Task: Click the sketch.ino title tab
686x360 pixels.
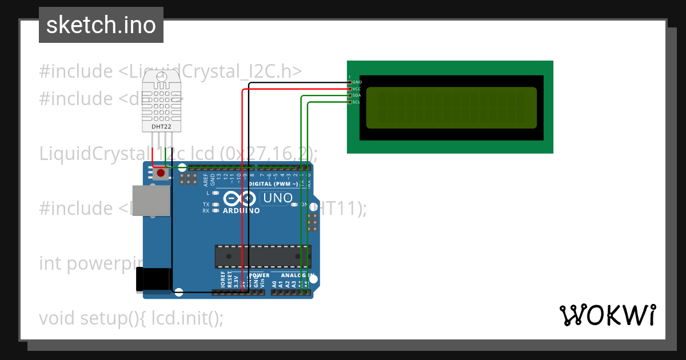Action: point(101,25)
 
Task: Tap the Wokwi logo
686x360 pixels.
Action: point(607,315)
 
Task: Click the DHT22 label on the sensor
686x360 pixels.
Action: point(161,126)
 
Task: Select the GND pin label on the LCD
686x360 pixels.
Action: point(357,82)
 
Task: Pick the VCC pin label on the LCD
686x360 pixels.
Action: point(357,89)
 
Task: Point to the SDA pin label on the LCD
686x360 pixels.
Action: point(357,95)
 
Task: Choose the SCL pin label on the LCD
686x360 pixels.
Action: point(357,102)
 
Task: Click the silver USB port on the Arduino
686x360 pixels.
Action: point(150,201)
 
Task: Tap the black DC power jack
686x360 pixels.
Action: point(153,280)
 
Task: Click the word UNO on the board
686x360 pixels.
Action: point(277,198)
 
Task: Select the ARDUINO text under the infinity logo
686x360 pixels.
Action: point(241,211)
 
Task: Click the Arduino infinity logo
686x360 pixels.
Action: point(240,198)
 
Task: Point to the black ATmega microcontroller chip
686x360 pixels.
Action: point(263,257)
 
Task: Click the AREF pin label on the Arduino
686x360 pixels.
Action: point(206,181)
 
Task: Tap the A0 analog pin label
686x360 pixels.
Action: point(274,283)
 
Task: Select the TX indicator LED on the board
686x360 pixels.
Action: point(216,204)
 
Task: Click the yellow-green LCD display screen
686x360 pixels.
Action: point(451,107)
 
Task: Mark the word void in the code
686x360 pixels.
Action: point(57,318)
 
